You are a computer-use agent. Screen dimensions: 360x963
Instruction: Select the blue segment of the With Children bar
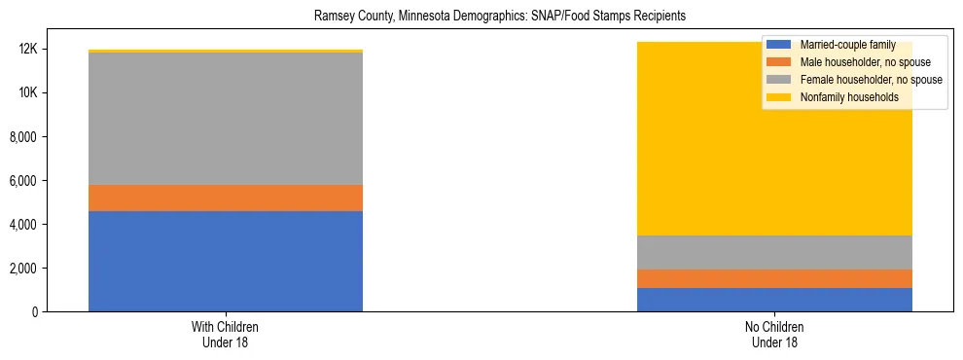point(226,261)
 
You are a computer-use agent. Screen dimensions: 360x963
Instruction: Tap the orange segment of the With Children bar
point(226,198)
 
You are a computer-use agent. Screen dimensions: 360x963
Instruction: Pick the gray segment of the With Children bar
point(226,118)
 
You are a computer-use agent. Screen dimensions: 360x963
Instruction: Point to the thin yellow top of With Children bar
point(226,51)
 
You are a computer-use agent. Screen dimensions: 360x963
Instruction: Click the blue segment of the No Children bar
point(774,300)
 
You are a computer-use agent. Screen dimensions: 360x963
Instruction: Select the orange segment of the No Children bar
point(774,278)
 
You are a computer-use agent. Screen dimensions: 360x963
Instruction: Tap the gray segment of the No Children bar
point(774,252)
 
